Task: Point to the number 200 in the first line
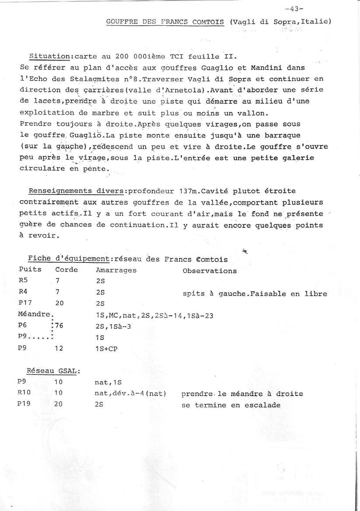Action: point(122,57)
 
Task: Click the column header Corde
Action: point(66,269)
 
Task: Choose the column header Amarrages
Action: point(116,270)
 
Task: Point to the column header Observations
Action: point(210,271)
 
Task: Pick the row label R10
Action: point(26,393)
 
